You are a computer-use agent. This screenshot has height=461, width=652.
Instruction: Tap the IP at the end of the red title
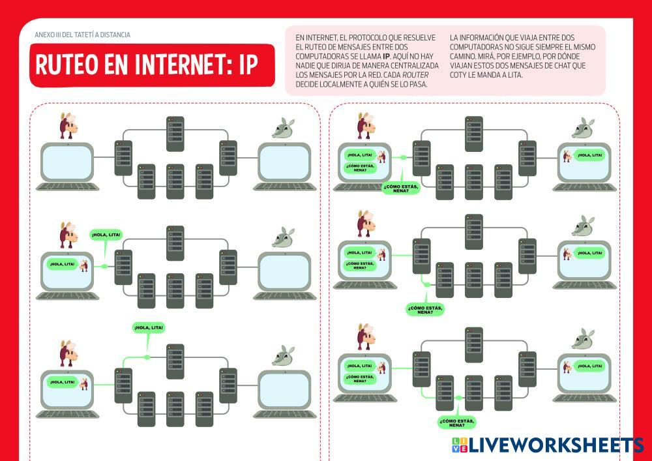246,65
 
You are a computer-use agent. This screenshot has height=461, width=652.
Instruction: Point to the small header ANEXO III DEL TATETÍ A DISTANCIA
83,35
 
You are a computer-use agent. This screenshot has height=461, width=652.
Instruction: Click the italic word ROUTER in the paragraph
417,75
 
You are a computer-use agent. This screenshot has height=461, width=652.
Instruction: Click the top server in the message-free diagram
175,129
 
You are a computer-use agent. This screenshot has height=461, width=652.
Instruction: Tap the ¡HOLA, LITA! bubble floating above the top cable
148,327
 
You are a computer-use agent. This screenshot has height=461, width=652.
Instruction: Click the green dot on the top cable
147,357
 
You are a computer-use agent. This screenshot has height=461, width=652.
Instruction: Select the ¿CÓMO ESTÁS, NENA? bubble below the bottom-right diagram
457,422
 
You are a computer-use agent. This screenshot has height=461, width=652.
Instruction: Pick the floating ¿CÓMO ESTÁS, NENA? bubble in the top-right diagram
401,188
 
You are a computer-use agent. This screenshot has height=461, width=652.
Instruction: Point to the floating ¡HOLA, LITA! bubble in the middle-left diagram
106,235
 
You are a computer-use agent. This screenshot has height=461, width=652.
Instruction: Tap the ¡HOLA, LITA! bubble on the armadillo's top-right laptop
588,156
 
